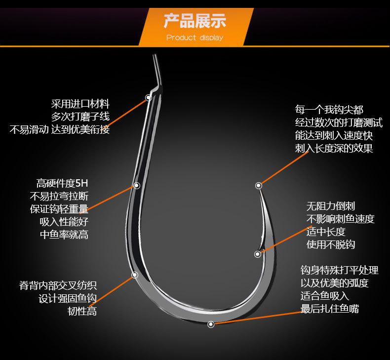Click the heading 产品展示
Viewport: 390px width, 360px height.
(195, 21)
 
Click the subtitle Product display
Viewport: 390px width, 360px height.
(195, 38)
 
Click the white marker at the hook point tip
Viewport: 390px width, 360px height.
(258, 186)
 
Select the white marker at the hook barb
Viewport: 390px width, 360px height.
(258, 254)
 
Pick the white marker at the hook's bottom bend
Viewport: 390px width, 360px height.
(211, 324)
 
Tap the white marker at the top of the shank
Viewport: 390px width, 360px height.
(148, 98)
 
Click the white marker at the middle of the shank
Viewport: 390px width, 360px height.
(136, 186)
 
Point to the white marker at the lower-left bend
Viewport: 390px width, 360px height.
(134, 275)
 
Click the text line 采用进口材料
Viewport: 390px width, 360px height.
(80, 104)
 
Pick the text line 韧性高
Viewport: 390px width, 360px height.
(82, 312)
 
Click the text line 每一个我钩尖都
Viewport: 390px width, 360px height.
(329, 110)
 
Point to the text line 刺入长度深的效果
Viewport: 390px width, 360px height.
(334, 148)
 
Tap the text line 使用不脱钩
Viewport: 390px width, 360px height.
(331, 244)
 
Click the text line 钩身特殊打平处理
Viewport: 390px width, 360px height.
(340, 271)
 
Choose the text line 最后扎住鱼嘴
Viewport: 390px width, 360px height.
(330, 309)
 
